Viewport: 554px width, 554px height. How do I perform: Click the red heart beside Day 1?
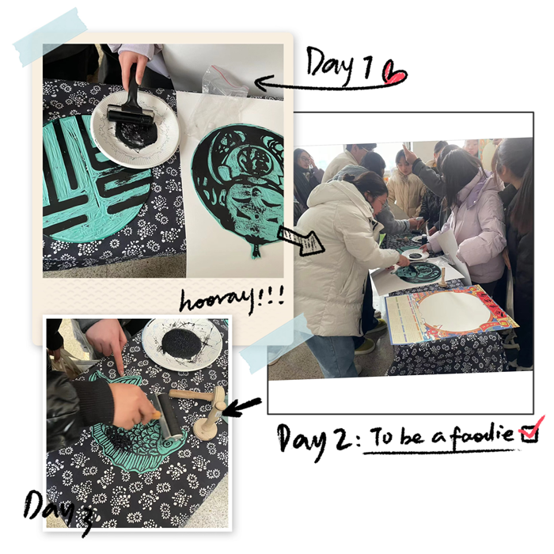[394, 74]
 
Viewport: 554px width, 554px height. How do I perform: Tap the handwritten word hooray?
[217, 301]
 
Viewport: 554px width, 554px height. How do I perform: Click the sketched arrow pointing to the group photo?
[300, 240]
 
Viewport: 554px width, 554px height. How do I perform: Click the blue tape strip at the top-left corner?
[50, 37]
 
